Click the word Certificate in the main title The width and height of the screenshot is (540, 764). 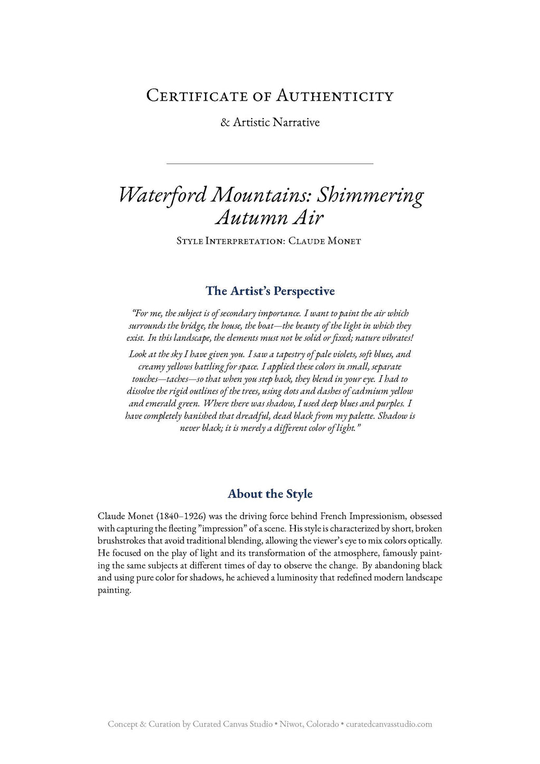coord(196,96)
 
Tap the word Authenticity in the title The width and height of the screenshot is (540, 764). coord(335,96)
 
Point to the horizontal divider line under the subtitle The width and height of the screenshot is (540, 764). coord(269,164)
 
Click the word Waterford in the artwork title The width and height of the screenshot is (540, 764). coord(162,195)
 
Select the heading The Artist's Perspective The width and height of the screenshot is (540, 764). coord(270,291)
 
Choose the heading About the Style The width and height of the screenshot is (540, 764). coord(270,494)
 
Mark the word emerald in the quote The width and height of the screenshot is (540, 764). coord(160,404)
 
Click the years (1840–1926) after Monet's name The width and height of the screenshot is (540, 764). coord(181,516)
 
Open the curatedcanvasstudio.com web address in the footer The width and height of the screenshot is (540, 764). coord(389,724)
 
